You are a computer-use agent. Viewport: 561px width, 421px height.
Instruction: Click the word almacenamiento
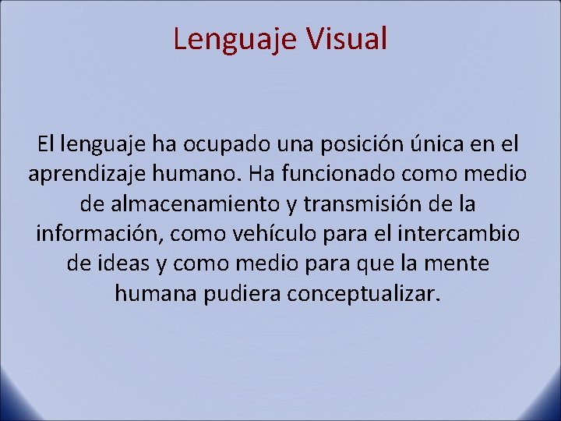(x=192, y=204)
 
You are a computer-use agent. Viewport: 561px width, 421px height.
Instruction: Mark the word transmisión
(x=372, y=204)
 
